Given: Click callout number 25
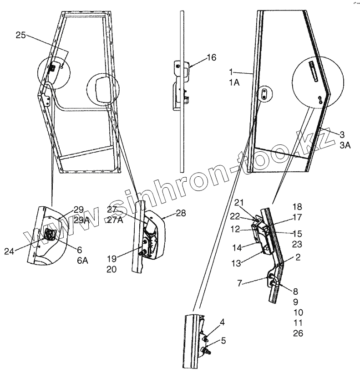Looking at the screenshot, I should coord(20,35).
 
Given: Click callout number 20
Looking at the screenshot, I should coord(112,269).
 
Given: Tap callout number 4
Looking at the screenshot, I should coord(222,323).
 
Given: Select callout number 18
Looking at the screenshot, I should coord(297,206).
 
